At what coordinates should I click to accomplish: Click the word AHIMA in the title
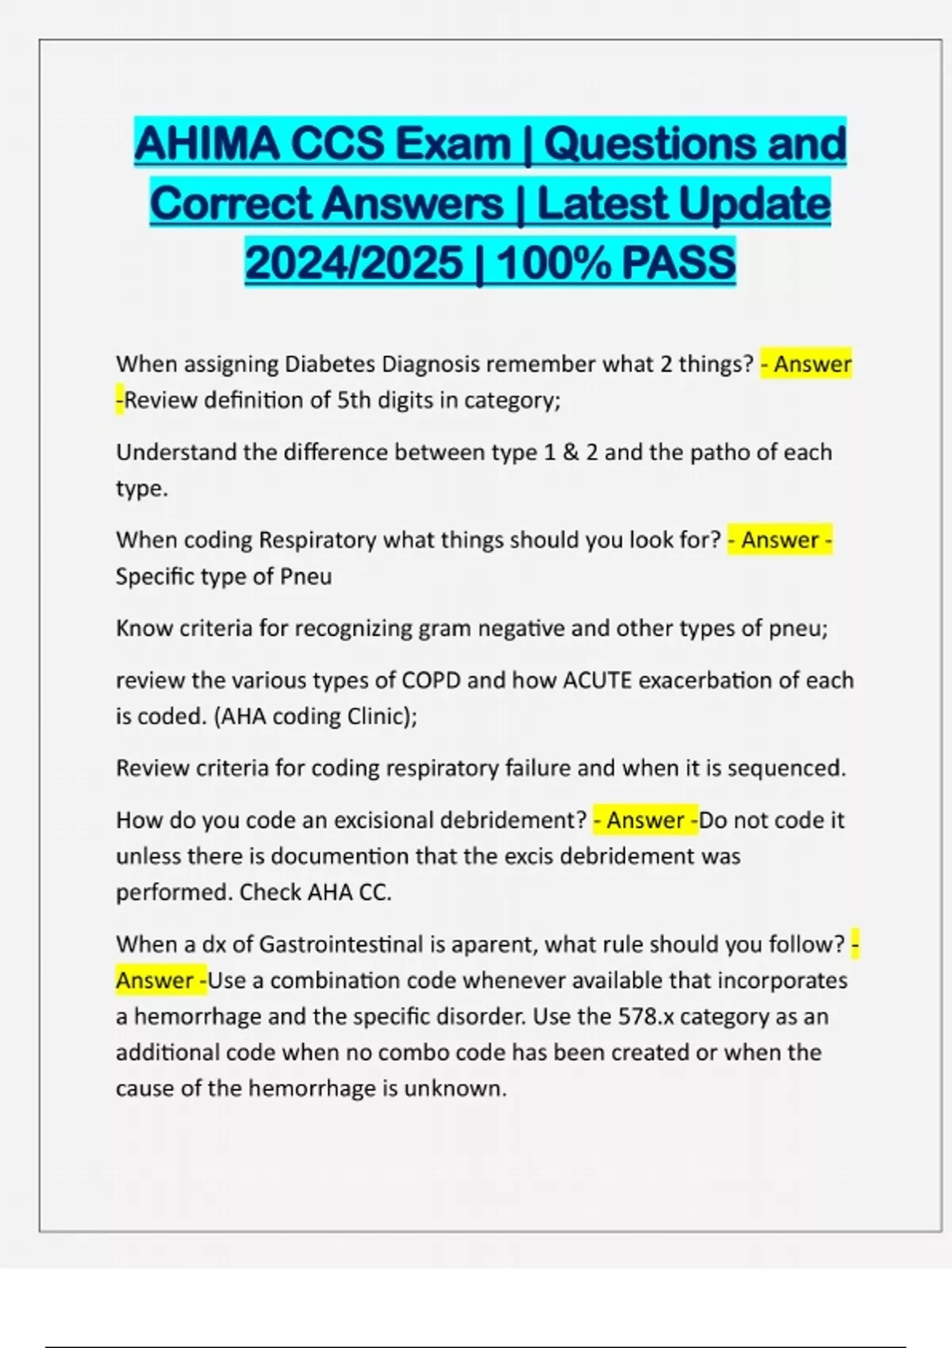tap(206, 144)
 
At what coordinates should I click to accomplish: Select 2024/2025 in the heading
tap(354, 263)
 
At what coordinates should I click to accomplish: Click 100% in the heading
tap(553, 263)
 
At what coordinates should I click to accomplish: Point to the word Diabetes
tap(330, 364)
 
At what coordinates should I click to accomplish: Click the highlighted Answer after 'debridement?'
tap(645, 820)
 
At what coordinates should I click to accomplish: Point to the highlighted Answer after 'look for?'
tap(780, 540)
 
